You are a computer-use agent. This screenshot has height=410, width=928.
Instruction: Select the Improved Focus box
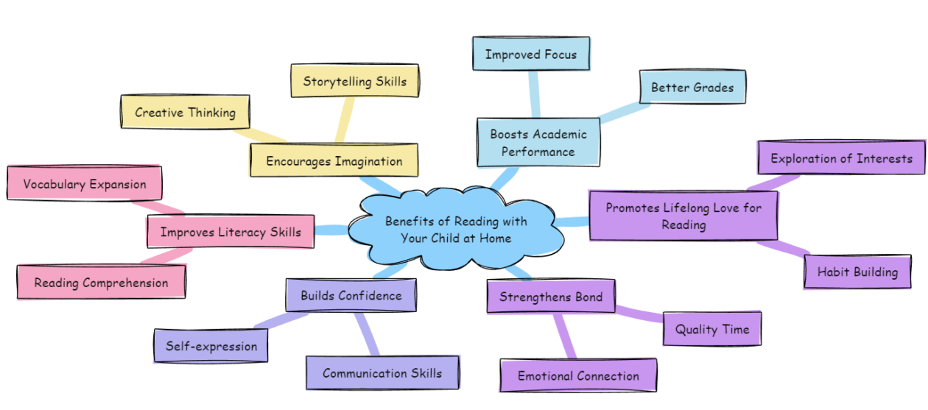coord(530,54)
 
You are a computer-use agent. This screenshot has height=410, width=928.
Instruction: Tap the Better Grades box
coord(692,88)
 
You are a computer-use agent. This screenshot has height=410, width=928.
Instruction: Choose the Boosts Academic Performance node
coord(538,143)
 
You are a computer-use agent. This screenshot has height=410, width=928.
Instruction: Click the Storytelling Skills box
coord(354,81)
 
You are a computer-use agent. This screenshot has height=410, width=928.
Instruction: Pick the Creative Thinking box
coord(185,113)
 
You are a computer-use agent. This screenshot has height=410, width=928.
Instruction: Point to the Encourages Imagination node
coord(334,160)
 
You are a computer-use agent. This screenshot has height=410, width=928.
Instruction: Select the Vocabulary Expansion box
coord(84,184)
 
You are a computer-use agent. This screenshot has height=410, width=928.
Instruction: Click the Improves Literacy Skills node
coord(231,232)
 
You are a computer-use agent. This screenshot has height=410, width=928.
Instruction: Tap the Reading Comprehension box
coord(101,283)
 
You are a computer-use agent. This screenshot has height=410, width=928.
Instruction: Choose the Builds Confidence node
coord(351,296)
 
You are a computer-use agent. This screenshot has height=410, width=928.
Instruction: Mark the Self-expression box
coord(211,346)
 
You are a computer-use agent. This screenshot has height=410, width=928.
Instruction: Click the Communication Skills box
coord(382,373)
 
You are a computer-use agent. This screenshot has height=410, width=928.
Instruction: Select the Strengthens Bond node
coord(551,297)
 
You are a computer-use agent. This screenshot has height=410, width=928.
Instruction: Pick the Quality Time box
coord(711,329)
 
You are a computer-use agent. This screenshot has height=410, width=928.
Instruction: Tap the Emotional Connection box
coord(577,376)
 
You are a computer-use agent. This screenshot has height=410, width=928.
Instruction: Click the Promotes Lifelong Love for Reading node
coord(683,216)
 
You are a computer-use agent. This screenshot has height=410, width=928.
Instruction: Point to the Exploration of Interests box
coord(840,158)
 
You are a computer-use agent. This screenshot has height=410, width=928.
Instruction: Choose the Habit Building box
coord(857,272)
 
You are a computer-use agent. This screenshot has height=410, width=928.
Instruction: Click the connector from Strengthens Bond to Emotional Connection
coord(564,336)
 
